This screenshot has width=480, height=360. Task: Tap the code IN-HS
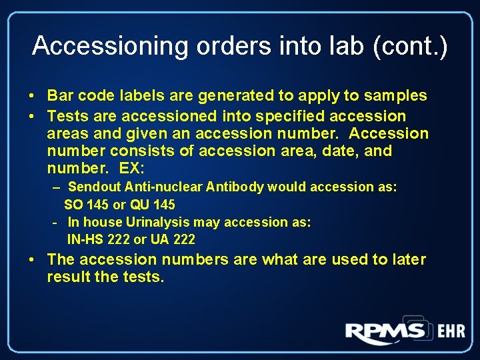pos(84,239)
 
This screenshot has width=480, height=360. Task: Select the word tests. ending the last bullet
pos(142,277)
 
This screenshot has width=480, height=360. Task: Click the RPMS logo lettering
pos(385,331)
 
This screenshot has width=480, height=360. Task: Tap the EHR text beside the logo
pos(451,331)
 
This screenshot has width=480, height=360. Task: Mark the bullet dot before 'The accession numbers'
pos(32,259)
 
